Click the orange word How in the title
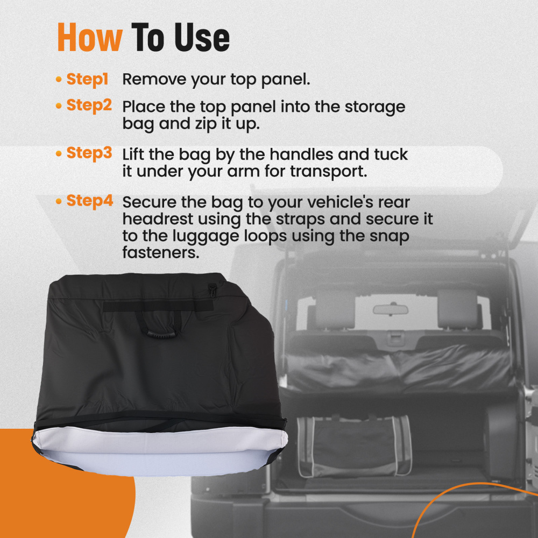89,38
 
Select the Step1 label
87,80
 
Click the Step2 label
89,105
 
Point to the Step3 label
89,153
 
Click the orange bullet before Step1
59,80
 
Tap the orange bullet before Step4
59,202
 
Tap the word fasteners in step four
160,253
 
